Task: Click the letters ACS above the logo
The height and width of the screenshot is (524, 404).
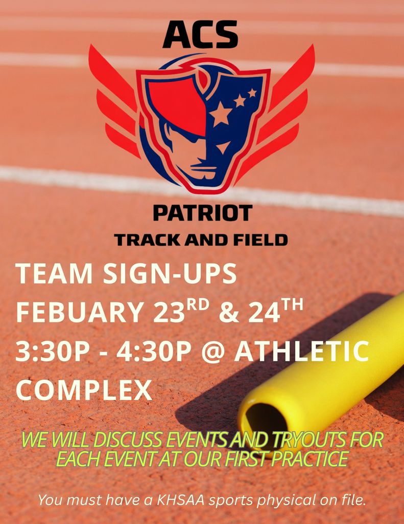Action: [200, 35]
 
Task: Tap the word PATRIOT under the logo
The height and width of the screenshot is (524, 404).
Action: [203, 213]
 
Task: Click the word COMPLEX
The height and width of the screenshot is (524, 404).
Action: [84, 390]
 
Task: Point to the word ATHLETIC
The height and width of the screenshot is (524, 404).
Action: [301, 352]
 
